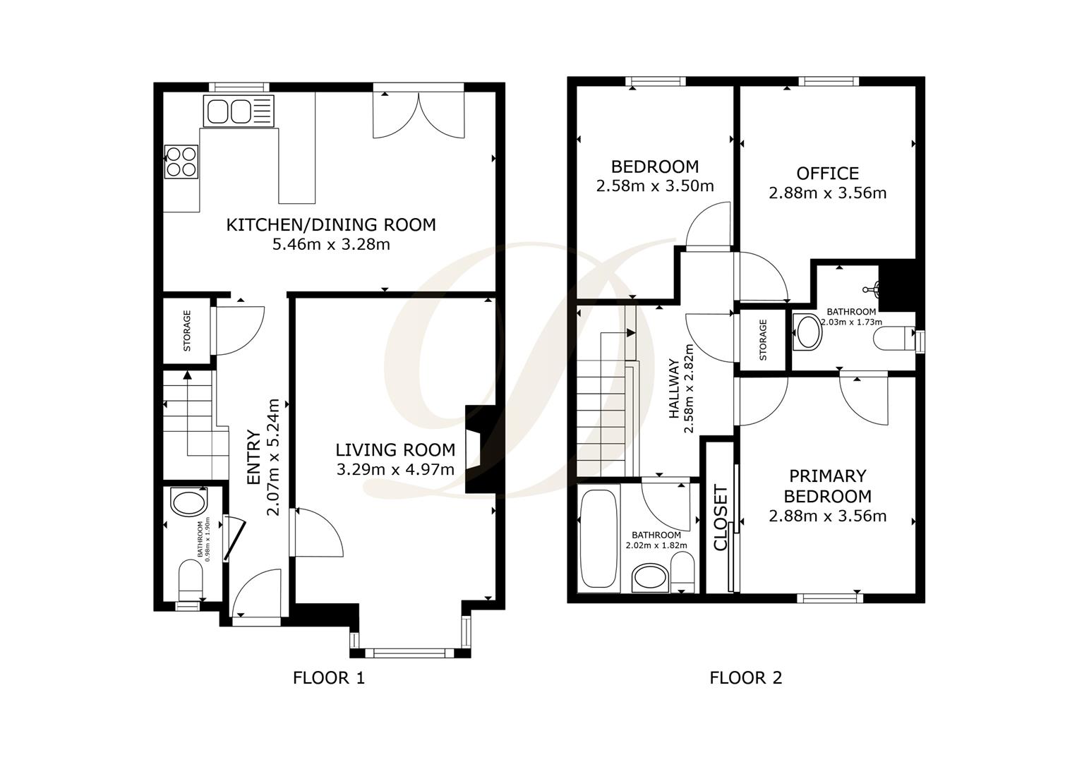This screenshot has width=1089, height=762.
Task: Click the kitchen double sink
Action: tap(239, 111)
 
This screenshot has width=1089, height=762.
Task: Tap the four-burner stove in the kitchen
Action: tap(181, 162)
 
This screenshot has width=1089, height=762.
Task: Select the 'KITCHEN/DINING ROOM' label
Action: tap(331, 225)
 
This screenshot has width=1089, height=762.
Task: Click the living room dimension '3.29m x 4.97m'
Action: tap(395, 469)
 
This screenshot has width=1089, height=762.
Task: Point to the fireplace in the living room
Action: tap(481, 449)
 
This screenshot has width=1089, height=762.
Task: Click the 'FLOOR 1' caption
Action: tap(329, 677)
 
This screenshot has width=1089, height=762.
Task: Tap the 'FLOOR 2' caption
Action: tap(746, 677)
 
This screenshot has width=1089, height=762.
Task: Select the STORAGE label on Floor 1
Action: tap(187, 331)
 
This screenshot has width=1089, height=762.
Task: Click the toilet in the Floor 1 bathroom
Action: tap(191, 580)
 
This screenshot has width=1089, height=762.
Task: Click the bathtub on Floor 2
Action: tap(599, 538)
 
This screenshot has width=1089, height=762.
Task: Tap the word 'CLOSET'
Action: tap(721, 518)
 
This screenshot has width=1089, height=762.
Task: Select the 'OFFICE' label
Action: tap(827, 174)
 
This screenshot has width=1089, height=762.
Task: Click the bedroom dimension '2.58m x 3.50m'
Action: tap(655, 186)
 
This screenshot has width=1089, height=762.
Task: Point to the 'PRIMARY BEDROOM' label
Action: tap(827, 486)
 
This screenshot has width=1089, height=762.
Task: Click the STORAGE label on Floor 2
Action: tap(763, 339)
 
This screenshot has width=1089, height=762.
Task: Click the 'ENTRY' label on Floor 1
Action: tap(254, 456)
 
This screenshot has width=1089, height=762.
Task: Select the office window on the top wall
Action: tap(829, 82)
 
